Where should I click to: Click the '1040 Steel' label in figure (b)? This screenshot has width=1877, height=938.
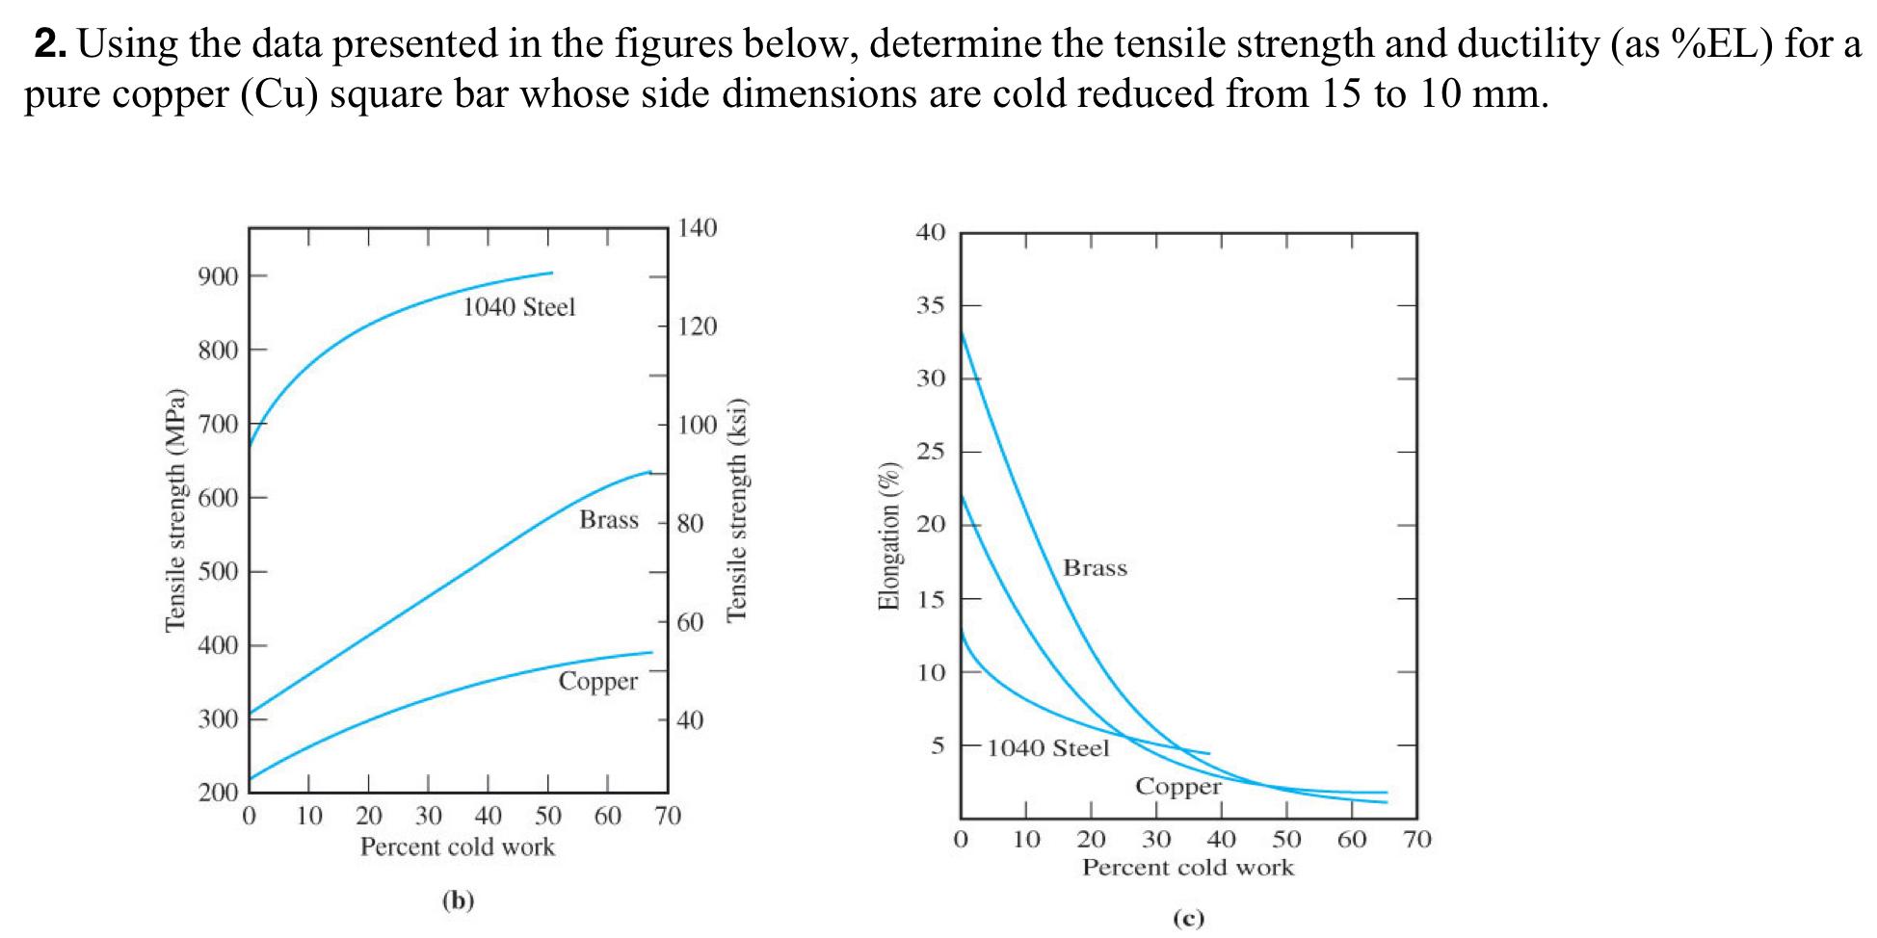click(x=518, y=307)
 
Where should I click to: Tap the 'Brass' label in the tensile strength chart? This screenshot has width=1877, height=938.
click(x=608, y=520)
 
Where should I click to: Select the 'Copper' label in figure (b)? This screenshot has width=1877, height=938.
click(x=597, y=682)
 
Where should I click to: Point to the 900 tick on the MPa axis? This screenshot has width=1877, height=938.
click(x=218, y=277)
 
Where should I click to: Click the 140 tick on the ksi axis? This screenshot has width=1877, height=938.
click(x=698, y=228)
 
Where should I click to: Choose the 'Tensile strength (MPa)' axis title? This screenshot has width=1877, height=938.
click(x=174, y=510)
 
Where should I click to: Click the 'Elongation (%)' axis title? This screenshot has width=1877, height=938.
click(x=887, y=536)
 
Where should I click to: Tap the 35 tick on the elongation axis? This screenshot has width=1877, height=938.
click(x=931, y=306)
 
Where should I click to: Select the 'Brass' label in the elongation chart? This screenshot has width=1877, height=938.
click(x=1095, y=568)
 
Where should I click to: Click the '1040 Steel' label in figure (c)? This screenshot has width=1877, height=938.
click(x=1048, y=748)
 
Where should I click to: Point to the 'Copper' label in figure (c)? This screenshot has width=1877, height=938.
click(x=1177, y=787)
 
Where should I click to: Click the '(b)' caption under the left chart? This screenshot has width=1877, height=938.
click(x=458, y=900)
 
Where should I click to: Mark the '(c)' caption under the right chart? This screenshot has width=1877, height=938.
click(x=1188, y=918)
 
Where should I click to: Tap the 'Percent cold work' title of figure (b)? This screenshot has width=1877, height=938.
click(x=457, y=847)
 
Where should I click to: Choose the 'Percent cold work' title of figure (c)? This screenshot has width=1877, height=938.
click(x=1187, y=868)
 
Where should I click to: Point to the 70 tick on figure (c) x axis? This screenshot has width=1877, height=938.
click(x=1417, y=840)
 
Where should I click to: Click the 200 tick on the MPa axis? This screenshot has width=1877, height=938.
click(x=218, y=794)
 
